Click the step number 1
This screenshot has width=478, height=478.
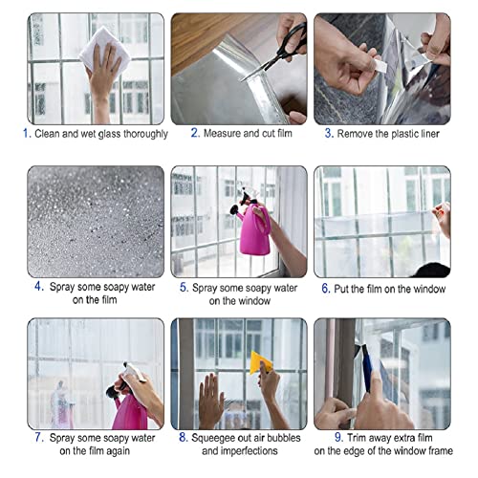pyautogui.click(x=26, y=134)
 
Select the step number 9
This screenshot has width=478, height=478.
pyautogui.click(x=323, y=439)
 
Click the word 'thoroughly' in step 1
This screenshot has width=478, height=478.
pyautogui.click(x=140, y=134)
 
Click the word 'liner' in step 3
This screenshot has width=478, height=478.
pyautogui.click(x=425, y=134)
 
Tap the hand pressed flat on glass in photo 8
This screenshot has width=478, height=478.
pyautogui.click(x=210, y=397)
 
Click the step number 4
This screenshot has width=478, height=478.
pyautogui.click(x=37, y=286)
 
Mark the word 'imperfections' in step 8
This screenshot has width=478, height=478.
pyautogui.click(x=247, y=451)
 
